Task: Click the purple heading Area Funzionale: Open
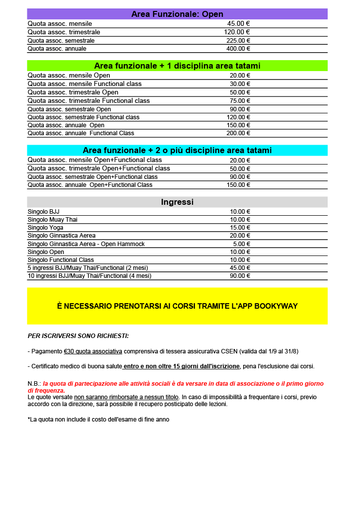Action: point(177,14)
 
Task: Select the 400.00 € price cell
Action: point(238,49)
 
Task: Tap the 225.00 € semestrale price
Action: point(238,41)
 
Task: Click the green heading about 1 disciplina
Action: point(177,66)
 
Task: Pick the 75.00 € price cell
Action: point(240,101)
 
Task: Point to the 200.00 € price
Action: point(238,133)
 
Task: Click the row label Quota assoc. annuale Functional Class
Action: point(81,133)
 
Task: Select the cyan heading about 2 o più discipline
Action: point(177,151)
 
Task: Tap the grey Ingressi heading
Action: point(177,202)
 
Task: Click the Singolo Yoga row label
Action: point(45,228)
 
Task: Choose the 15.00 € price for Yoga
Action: point(240,228)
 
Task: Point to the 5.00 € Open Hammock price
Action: point(241,244)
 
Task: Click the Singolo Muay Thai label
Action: point(52,220)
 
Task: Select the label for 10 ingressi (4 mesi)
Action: point(90,276)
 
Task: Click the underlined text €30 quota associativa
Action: point(93,351)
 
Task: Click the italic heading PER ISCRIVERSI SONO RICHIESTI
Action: point(78,336)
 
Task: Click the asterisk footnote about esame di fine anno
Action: point(98,420)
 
